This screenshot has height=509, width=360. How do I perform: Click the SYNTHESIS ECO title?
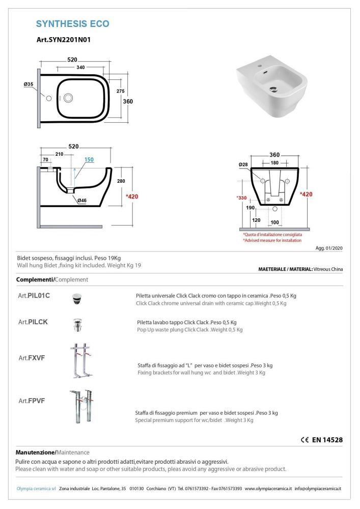72,23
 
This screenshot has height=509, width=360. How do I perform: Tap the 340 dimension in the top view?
80,67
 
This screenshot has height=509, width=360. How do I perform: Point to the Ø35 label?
29,84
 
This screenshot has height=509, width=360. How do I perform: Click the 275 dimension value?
120,91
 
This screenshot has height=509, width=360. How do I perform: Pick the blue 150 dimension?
89,160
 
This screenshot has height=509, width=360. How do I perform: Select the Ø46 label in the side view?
81,201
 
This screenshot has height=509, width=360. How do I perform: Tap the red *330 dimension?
241,197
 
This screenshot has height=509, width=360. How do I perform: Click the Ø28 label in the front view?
243,164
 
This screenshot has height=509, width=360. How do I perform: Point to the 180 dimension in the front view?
274,163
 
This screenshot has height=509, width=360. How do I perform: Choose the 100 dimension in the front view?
274,222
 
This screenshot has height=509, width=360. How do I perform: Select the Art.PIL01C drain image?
77,298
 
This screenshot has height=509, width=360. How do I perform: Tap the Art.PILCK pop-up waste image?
77,324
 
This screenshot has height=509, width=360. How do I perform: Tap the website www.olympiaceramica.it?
268,489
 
